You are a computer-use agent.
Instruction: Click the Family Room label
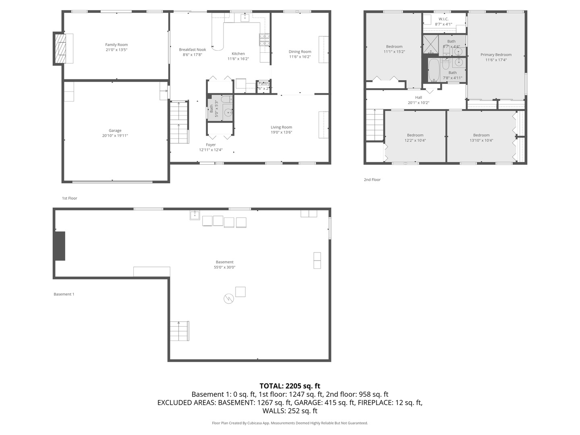(116, 45)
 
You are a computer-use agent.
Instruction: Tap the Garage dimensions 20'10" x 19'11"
(115, 136)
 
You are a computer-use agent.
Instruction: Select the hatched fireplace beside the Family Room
(60, 48)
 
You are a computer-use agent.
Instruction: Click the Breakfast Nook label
(192, 50)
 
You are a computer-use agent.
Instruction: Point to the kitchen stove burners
(264, 39)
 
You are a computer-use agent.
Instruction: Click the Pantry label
(264, 83)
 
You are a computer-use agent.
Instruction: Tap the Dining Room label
(300, 52)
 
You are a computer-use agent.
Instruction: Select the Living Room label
(281, 127)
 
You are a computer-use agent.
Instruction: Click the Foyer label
(211, 145)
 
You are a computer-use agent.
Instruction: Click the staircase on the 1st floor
(179, 122)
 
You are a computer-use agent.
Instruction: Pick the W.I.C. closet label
(443, 19)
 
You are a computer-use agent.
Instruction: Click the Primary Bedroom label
(496, 55)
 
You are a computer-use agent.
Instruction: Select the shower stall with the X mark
(430, 44)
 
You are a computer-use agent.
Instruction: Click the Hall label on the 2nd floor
(418, 97)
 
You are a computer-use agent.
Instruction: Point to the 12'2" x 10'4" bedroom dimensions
(415, 141)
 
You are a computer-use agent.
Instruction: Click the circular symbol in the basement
(229, 298)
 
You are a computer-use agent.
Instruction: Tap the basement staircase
(179, 331)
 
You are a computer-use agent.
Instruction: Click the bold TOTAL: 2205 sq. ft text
(290, 386)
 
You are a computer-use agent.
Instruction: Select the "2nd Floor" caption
(372, 180)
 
